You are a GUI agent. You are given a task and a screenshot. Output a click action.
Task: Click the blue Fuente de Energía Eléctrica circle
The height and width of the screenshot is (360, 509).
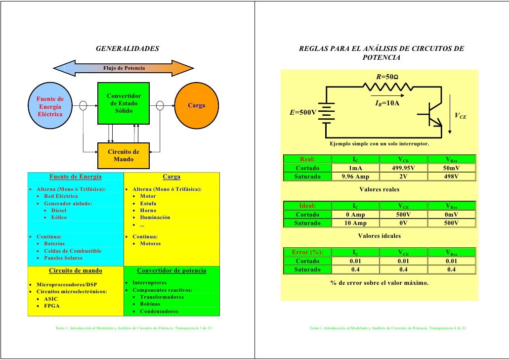pyautogui.click(x=50, y=106)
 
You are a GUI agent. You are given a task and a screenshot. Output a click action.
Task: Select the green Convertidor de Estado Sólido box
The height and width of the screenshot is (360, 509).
pyautogui.click(x=124, y=103)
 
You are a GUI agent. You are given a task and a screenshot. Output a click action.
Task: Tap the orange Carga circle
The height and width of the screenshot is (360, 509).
pyautogui.click(x=196, y=105)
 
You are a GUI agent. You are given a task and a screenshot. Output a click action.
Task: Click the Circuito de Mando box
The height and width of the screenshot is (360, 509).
pyautogui.click(x=124, y=155)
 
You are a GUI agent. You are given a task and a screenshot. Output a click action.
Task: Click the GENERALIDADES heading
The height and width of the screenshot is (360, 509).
pyautogui.click(x=127, y=49)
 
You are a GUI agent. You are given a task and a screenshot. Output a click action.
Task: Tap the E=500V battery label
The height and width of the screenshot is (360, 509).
pyautogui.click(x=302, y=113)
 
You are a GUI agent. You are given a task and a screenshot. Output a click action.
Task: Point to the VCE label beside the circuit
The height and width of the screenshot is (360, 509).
pyautogui.click(x=461, y=116)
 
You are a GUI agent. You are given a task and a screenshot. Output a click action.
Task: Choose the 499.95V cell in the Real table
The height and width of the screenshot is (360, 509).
pyautogui.click(x=404, y=168)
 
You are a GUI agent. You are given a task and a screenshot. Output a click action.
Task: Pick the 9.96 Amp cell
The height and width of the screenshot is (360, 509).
pyautogui.click(x=355, y=177)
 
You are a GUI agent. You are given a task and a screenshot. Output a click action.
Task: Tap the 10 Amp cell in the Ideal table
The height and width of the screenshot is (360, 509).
pyautogui.click(x=355, y=223)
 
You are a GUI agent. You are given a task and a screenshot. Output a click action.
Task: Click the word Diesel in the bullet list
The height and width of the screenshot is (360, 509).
pyautogui.click(x=59, y=210)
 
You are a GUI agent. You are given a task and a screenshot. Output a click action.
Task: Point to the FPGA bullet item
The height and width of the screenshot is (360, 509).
pyautogui.click(x=52, y=306)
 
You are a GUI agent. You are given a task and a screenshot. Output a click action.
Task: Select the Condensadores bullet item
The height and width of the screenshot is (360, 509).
pyautogui.click(x=159, y=312)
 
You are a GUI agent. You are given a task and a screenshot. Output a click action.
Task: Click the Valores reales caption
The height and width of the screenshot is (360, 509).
pyautogui.click(x=379, y=189)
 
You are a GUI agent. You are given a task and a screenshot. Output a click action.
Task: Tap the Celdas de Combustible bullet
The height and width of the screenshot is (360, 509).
pyautogui.click(x=73, y=251)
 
